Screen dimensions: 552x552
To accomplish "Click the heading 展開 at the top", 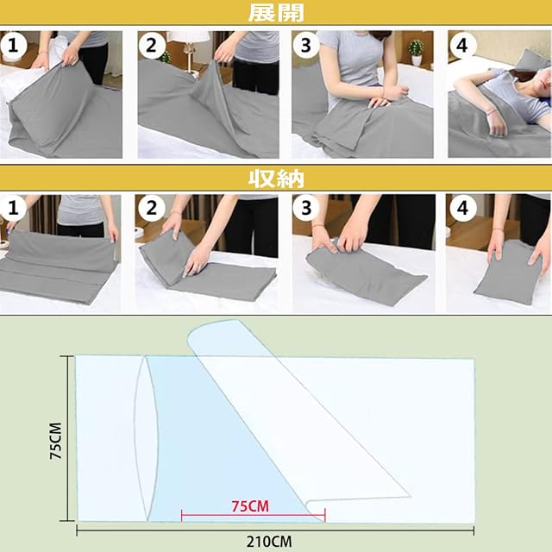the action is [276, 13].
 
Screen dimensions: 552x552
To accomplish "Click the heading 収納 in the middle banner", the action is [276, 179].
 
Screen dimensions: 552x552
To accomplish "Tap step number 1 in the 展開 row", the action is [13, 46].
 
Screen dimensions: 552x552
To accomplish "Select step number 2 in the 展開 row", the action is [152, 46].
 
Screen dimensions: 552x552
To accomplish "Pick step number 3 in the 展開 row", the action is [306, 46].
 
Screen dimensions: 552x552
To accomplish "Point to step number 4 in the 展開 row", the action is [462, 46].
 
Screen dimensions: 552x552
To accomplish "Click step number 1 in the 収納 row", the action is [13, 208].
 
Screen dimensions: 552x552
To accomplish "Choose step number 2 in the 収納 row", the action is [152, 208].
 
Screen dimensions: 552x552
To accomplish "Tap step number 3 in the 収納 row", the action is [306, 208].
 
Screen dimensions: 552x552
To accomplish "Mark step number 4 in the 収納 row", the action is [462, 208].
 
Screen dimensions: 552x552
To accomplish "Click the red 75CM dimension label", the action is [250, 506].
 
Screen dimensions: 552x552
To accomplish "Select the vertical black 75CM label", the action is [55, 441].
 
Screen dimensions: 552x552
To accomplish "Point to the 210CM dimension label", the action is [268, 542].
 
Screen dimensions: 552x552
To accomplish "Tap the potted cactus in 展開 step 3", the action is [416, 52].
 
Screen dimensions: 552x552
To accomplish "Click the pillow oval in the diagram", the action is [146, 438].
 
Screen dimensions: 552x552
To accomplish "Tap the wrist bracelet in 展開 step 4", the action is [489, 113].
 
